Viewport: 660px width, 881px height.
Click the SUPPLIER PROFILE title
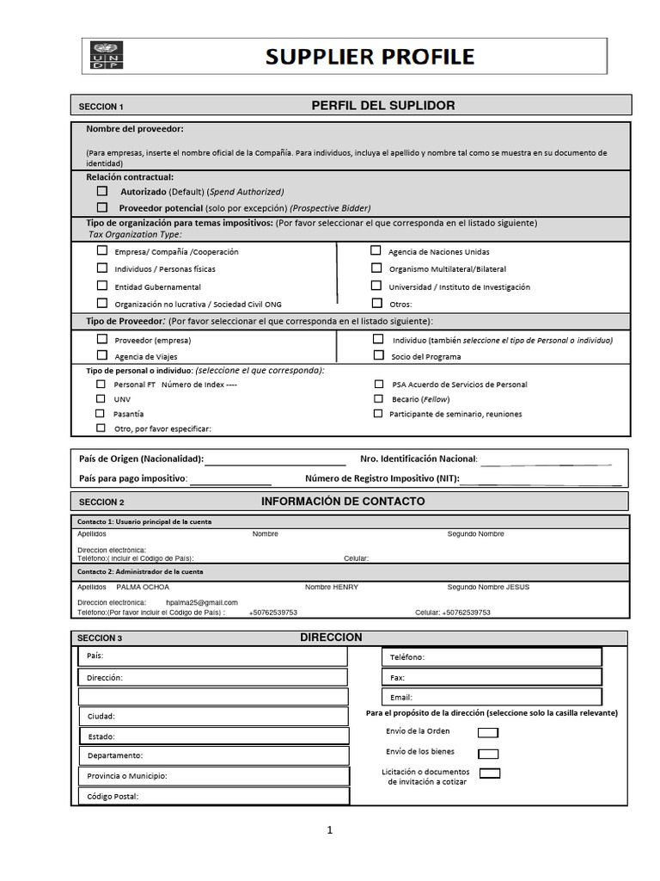point(370,57)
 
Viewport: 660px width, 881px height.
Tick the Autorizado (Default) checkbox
point(102,191)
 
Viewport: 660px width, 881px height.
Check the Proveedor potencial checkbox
point(102,207)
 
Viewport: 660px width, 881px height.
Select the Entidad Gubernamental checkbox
point(102,286)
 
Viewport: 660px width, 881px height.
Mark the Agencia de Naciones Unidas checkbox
point(376,250)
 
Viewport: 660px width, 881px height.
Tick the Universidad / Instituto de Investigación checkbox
point(376,286)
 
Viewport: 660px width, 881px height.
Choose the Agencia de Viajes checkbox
point(102,354)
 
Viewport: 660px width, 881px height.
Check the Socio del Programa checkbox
point(378,354)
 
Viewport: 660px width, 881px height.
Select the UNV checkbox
point(101,398)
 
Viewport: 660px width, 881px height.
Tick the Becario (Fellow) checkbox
point(378,398)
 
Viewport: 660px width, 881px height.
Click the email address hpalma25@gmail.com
point(202,602)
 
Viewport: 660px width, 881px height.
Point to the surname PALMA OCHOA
point(143,587)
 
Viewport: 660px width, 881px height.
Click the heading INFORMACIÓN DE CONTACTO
point(342,501)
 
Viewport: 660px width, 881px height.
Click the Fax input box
point(492,677)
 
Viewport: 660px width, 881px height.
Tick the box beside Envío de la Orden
point(487,733)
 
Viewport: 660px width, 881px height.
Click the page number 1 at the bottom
point(329,830)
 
